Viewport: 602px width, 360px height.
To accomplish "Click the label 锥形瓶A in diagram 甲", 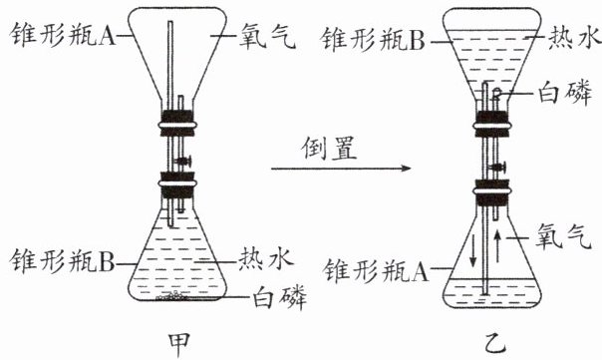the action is coord(63,35).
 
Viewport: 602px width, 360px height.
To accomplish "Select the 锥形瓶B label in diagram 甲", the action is coord(62,260).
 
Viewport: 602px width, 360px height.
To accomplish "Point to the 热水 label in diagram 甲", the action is coord(266,258).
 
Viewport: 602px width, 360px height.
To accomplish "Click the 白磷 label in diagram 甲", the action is coord(279,297).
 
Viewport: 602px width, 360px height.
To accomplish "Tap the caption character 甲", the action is coord(179,345).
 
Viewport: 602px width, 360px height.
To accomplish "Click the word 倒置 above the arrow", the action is coord(330,148).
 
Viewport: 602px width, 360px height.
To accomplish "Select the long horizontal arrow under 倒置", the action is coord(341,169).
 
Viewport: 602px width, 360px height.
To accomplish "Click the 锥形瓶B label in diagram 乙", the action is coord(373,40).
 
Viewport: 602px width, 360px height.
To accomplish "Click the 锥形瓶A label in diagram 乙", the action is coord(376,270).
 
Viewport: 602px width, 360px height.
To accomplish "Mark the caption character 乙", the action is coord(495,344).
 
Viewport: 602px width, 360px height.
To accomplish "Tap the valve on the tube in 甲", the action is coord(183,162).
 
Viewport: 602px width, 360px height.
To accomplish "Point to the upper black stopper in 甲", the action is coord(177,124).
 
